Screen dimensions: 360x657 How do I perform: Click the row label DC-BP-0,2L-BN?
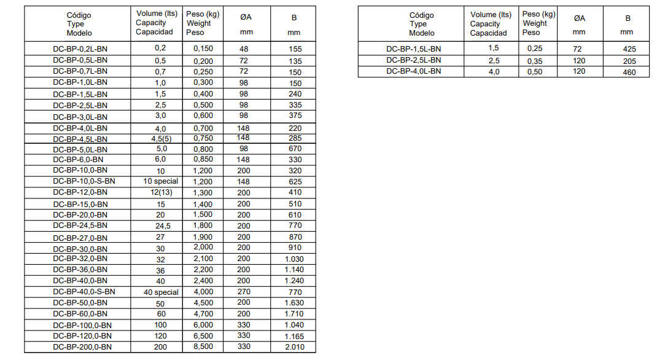(80, 48)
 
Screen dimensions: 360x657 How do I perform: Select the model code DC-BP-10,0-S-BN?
(84, 181)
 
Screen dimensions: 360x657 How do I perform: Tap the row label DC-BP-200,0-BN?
(82, 347)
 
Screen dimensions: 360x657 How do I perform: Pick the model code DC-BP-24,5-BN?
(80, 226)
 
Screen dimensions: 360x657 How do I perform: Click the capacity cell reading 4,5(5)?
(160, 138)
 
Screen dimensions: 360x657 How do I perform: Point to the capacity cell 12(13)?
(160, 193)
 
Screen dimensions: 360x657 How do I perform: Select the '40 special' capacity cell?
(161, 292)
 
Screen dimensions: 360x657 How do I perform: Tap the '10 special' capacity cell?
(161, 181)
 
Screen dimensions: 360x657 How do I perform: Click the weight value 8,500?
(203, 347)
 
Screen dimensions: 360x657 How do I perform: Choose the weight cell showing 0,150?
(203, 48)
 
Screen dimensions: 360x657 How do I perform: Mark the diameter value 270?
(244, 292)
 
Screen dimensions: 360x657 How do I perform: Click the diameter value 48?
(244, 48)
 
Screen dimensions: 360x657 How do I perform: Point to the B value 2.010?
(295, 347)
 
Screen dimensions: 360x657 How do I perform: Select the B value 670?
(295, 149)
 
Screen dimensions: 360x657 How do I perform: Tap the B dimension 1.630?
(295, 303)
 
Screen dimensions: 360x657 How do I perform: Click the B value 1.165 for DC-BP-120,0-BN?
(295, 336)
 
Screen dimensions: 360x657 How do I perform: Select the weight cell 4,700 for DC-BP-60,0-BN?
(203, 314)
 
